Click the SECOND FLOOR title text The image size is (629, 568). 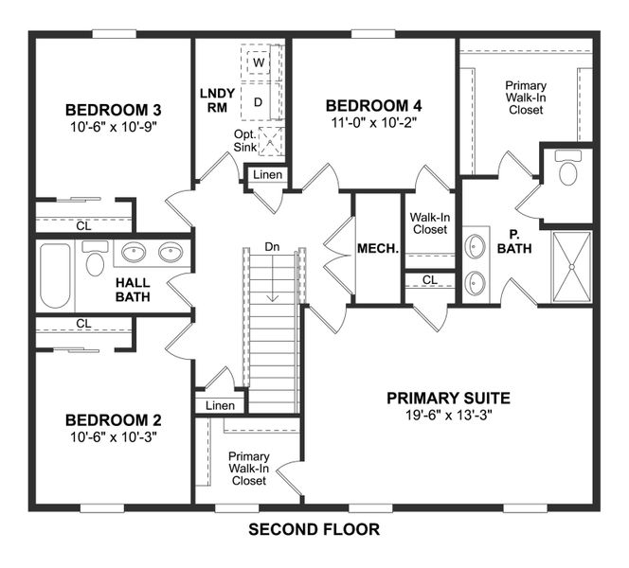[x=314, y=530]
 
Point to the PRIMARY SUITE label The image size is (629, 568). [x=448, y=398]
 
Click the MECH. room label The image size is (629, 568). [x=377, y=250]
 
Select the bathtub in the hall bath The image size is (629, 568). [x=56, y=276]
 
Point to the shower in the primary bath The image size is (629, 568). [x=570, y=268]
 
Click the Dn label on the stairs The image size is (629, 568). [x=273, y=247]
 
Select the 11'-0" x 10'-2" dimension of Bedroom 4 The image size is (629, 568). [x=371, y=122]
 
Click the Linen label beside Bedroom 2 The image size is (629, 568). [x=219, y=405]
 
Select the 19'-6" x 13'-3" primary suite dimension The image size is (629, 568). [x=448, y=416]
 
